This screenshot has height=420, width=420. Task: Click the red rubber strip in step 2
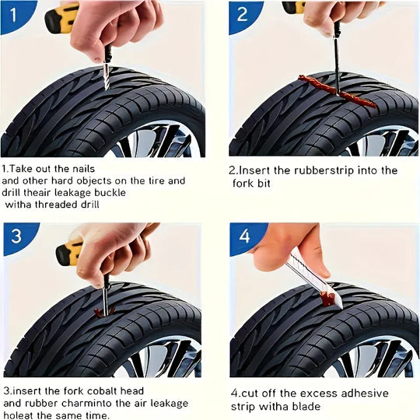point(335,89)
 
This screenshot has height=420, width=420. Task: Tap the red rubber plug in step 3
point(102,312)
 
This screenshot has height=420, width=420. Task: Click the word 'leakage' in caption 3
point(165,403)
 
